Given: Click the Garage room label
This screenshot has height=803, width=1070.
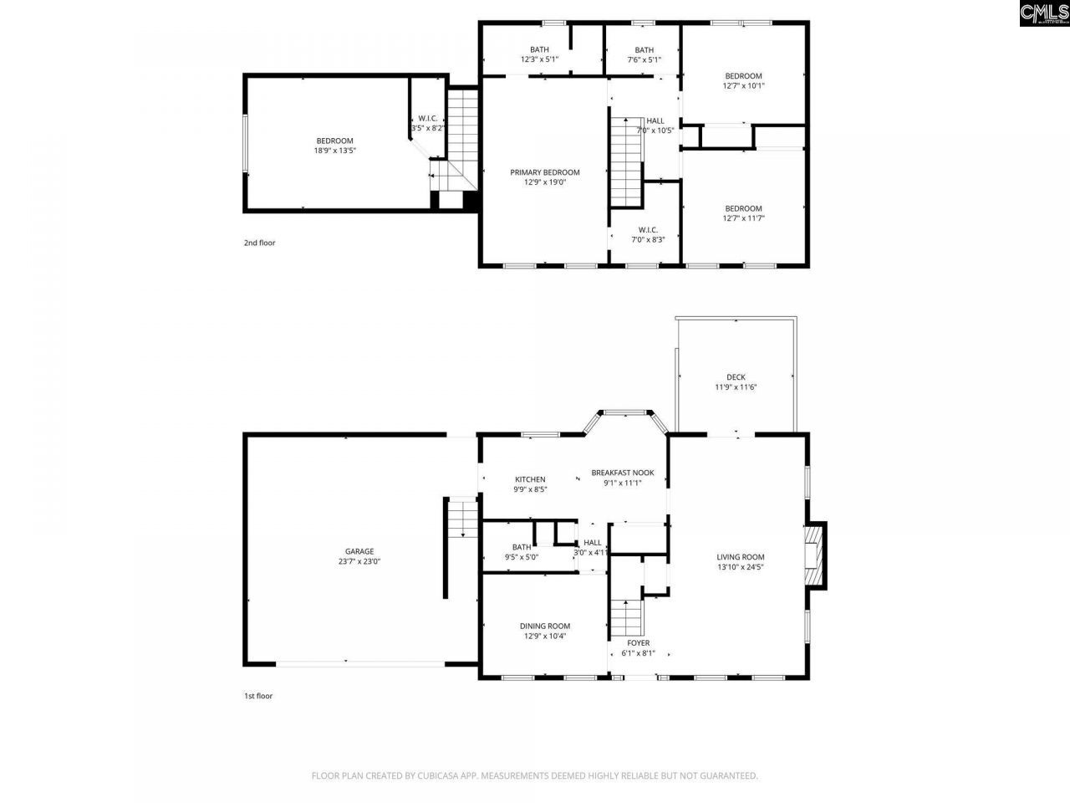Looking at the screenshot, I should (x=359, y=551).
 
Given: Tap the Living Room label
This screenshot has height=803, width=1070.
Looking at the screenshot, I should (x=740, y=557).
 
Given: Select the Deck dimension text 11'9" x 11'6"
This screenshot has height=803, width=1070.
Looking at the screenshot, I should (x=736, y=387).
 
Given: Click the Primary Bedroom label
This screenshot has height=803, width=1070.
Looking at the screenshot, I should (x=544, y=172).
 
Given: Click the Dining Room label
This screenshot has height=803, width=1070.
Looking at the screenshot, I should (x=544, y=626).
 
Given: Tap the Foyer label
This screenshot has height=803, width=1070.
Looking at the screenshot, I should (x=638, y=643).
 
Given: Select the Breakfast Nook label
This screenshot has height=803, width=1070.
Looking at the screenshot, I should (x=622, y=473).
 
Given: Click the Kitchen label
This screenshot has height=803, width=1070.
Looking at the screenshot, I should (x=529, y=479).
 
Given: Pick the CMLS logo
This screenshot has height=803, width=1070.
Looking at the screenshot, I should (x=1044, y=13).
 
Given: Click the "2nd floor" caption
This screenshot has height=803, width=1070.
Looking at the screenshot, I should (x=259, y=243).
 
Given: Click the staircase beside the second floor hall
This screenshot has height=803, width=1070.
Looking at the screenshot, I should (x=624, y=162).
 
